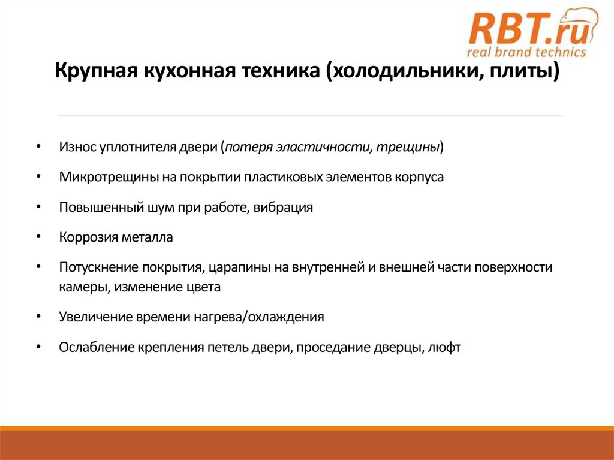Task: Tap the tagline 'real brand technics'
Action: coord(526,52)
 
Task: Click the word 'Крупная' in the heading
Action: coord(95,74)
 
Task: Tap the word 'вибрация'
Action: coord(284,208)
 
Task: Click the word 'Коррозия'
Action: coord(85,237)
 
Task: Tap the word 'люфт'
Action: coord(444,347)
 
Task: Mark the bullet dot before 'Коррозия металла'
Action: coord(38,237)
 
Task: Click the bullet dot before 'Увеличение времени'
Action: coord(38,317)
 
